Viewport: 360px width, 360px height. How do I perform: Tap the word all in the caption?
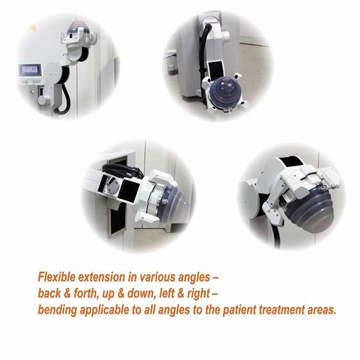[160, 310]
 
